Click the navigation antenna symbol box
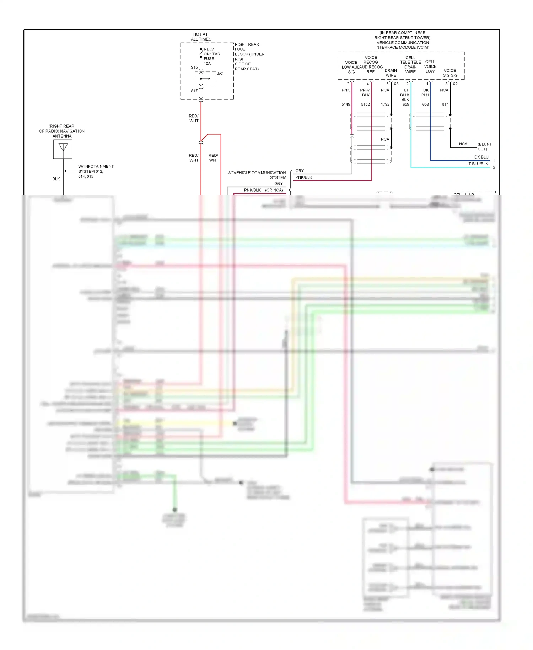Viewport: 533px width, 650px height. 63,149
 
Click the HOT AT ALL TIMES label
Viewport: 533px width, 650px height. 201,37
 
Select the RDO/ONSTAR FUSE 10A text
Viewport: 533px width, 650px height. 211,56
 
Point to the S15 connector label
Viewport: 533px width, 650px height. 194,67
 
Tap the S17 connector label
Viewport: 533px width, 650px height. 194,91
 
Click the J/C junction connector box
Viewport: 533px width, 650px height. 205,79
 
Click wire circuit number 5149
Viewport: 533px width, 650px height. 346,104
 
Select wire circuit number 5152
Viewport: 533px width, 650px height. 365,104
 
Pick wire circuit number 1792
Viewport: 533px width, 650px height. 385,104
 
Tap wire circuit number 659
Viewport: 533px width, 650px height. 406,104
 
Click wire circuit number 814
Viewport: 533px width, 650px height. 445,104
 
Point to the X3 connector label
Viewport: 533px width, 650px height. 396,84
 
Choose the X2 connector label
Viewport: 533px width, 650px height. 455,84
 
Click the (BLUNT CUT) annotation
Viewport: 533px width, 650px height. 484,146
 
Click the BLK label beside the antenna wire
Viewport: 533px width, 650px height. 56,179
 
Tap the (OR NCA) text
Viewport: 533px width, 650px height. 274,190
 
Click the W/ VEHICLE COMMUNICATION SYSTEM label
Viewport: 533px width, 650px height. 257,175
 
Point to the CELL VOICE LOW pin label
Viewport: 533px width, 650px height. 430,66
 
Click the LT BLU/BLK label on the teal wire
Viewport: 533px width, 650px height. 477,164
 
